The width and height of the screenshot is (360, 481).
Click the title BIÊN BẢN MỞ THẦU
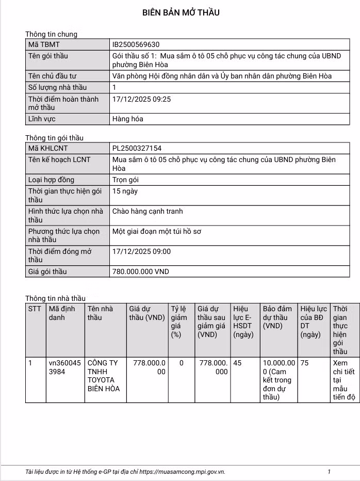181,13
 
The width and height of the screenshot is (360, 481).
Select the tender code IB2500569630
139,45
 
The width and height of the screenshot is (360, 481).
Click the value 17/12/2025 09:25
141,99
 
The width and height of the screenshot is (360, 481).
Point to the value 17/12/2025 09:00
141,252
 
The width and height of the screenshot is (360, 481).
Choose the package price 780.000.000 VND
140,271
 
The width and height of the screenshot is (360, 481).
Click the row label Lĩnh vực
42,119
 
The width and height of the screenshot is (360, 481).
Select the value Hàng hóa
127,119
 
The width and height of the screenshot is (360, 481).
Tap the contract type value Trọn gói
125,180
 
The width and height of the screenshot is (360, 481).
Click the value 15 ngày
125,191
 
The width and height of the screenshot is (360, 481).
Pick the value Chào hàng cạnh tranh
148,212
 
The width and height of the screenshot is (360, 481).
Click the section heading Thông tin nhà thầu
55,298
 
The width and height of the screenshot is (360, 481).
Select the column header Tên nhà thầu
100,313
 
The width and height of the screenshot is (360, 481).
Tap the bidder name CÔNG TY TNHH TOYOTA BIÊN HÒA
103,376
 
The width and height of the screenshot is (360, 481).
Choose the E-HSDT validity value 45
237,363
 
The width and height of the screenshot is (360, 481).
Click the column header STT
35,309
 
